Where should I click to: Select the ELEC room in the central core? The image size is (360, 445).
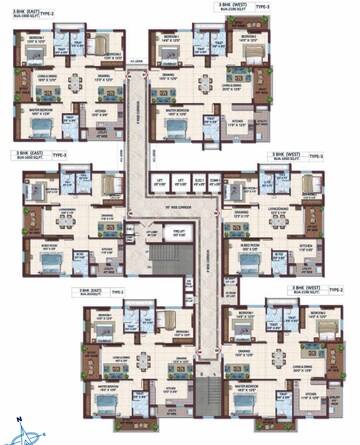[199, 183]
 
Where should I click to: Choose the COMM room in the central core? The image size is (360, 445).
[213, 183]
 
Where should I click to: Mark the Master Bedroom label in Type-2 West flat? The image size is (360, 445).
[246, 385]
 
